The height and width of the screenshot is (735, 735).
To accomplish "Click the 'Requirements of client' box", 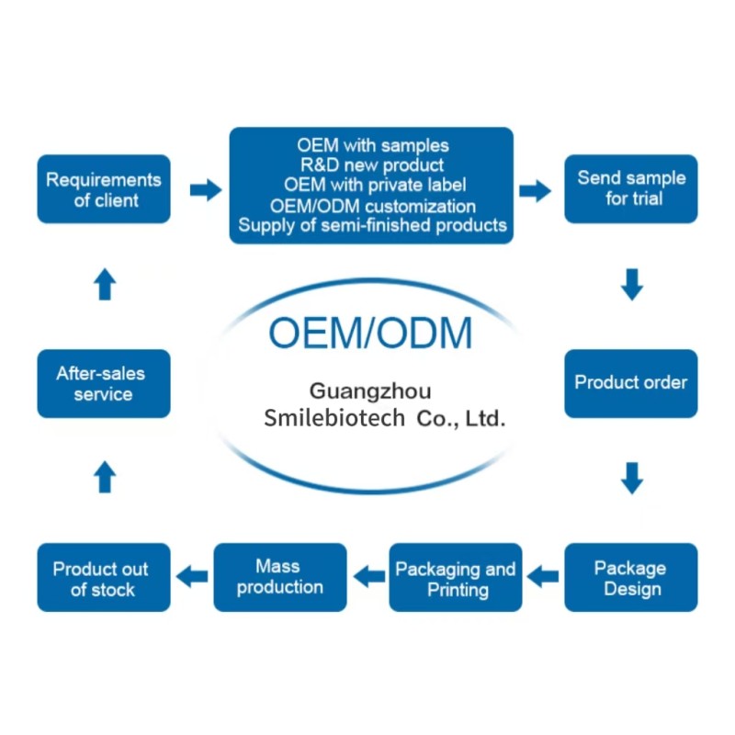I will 104,189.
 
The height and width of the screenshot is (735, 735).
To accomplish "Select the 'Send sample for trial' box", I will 631,189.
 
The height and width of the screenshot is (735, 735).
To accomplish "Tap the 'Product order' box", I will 631,383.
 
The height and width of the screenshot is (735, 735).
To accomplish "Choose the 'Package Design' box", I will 631,578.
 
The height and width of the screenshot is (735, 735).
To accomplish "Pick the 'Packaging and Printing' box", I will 457,578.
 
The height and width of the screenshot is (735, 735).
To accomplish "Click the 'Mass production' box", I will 280,578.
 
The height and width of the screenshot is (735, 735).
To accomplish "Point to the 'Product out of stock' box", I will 104,578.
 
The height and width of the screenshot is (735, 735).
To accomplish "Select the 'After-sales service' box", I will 104,383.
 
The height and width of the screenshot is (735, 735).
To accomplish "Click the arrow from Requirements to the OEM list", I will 205,190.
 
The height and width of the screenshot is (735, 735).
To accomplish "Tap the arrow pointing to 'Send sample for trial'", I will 535,190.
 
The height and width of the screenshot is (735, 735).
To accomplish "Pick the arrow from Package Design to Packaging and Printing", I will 544,577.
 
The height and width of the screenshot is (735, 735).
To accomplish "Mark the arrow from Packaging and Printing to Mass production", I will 368,577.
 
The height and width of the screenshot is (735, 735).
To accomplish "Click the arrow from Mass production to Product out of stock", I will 192,577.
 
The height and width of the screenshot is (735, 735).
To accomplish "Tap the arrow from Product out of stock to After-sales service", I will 105,478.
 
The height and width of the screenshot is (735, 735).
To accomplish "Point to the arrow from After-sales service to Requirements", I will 105,284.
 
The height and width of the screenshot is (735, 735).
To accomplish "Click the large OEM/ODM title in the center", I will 371,331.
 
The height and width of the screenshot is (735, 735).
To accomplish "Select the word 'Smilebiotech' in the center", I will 334,419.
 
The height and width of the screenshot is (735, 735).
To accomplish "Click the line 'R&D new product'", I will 372,165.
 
